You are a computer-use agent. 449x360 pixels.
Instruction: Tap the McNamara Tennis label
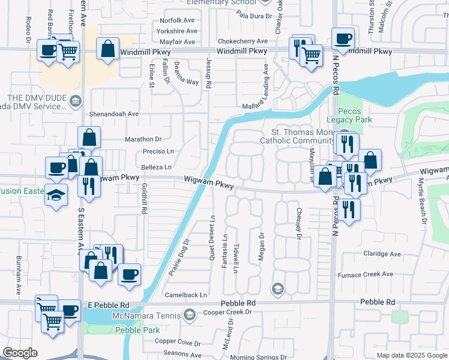(x=146, y=315)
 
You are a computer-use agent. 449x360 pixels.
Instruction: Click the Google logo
(x=20, y=353)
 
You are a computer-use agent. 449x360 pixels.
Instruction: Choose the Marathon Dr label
(x=143, y=139)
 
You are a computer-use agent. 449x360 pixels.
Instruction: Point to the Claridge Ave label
(x=382, y=254)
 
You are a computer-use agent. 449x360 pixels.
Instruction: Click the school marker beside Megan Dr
(x=277, y=289)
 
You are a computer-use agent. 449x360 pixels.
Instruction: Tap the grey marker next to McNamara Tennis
(x=190, y=314)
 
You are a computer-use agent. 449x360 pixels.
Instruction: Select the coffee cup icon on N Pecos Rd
(x=343, y=39)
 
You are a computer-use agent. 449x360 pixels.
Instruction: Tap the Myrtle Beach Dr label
(x=423, y=199)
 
